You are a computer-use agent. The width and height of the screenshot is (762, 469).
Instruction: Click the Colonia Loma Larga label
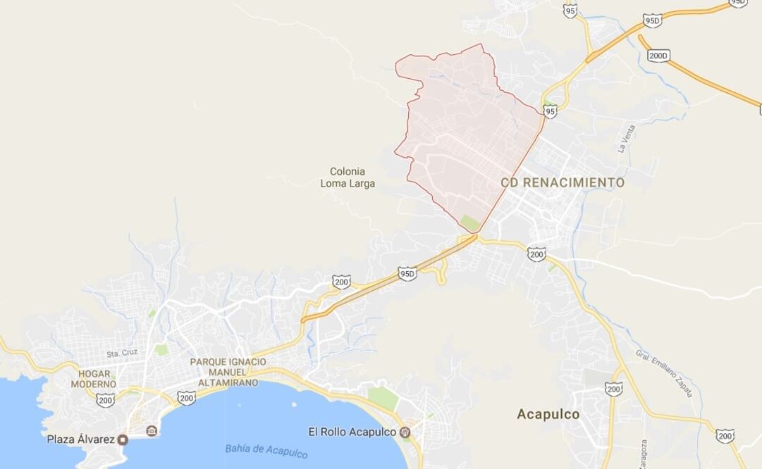click(348, 177)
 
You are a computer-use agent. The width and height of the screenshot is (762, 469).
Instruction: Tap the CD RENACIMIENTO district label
click(563, 183)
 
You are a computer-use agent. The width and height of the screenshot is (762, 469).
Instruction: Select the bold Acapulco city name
click(548, 414)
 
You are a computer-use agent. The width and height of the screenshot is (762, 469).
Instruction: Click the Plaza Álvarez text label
click(80, 439)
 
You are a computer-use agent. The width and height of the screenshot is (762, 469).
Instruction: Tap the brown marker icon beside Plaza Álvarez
click(123, 440)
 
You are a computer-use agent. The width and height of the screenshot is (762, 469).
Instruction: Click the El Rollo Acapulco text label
click(352, 432)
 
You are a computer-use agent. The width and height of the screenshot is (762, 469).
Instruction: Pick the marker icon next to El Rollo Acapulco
click(405, 432)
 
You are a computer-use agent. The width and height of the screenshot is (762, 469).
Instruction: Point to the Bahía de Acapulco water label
click(266, 451)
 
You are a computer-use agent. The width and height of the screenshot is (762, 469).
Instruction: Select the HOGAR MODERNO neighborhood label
click(93, 379)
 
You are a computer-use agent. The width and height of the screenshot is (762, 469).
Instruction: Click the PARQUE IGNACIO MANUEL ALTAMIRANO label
click(228, 372)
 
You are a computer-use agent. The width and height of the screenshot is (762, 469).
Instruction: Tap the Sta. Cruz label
click(122, 353)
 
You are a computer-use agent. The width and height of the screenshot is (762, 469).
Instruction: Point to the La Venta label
click(626, 139)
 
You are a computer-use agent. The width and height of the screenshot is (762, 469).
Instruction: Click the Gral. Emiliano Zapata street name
click(663, 373)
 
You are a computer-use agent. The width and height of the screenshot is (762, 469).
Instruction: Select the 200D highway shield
click(658, 56)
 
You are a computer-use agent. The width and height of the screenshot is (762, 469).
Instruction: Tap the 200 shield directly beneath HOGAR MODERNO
click(106, 400)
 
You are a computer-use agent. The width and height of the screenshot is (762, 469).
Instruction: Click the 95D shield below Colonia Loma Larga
click(407, 273)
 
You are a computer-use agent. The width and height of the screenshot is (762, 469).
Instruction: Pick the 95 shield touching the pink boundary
click(551, 111)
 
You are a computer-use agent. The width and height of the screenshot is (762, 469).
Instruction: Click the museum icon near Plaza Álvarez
click(152, 431)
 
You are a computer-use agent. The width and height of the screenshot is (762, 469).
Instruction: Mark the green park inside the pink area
click(469, 224)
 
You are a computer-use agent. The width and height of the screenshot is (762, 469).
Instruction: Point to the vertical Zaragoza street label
click(644, 455)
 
